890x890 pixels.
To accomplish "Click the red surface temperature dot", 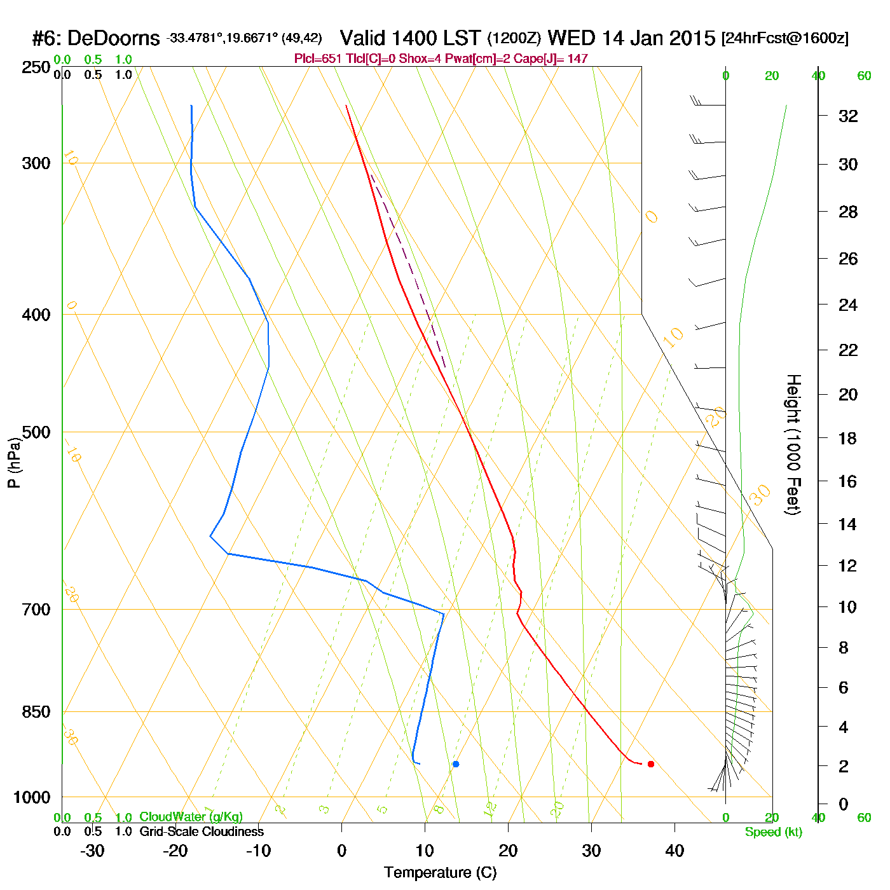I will [x=650, y=763].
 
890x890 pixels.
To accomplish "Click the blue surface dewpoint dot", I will [x=456, y=763].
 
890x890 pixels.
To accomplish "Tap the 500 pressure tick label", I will [x=37, y=432].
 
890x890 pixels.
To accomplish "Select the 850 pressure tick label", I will [x=37, y=712].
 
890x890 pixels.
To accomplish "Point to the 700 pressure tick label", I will [x=37, y=609].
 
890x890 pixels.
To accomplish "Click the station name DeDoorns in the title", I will [x=113, y=39].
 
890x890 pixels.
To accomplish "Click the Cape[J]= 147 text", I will [x=556, y=59].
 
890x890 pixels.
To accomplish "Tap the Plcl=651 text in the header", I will [x=317, y=59].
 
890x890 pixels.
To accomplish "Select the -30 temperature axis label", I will [x=92, y=851].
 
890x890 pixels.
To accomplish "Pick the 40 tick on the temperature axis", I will [x=674, y=851].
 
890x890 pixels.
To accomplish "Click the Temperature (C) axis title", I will [x=440, y=872].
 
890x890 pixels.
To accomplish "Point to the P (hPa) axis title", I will [x=14, y=462].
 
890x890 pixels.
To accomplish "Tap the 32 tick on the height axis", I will [x=848, y=116].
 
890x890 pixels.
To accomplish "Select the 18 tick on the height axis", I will [x=848, y=438].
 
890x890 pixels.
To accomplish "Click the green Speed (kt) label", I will [x=773, y=832].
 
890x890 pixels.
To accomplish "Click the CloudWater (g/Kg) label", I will [x=191, y=817].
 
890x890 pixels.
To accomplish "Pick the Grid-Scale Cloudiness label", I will [x=202, y=832].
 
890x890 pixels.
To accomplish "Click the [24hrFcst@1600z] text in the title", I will [x=784, y=38].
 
